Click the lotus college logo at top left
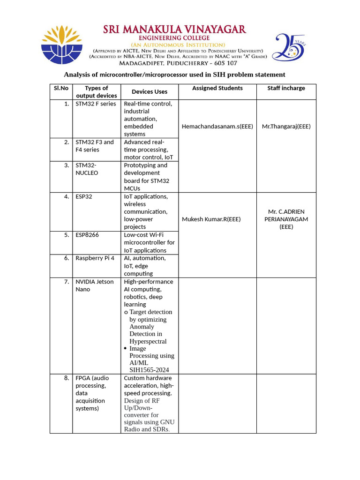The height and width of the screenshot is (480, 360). pos(62,45)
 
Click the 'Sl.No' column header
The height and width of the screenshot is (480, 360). pos(61,88)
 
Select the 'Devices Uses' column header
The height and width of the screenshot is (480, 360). pos(149,92)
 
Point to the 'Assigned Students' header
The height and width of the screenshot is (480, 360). pos(217,88)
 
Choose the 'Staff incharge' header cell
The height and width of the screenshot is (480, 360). pos(286,88)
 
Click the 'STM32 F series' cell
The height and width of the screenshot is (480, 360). pos(96,104)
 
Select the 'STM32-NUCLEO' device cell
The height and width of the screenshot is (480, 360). pos(88,169)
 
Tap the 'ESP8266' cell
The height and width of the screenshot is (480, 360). pos(87,235)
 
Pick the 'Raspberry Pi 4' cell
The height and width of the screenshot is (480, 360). pos(95,258)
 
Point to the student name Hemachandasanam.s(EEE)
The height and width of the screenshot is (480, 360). pos(217,127)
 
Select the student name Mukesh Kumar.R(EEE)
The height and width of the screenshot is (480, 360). pos(211,219)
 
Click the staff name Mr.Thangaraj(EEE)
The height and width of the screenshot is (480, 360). pos(286,127)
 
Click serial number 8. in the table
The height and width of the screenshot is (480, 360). pos(67,378)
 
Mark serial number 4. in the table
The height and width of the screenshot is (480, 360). pos(67,197)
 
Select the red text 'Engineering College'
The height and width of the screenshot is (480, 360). pos(174,38)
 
